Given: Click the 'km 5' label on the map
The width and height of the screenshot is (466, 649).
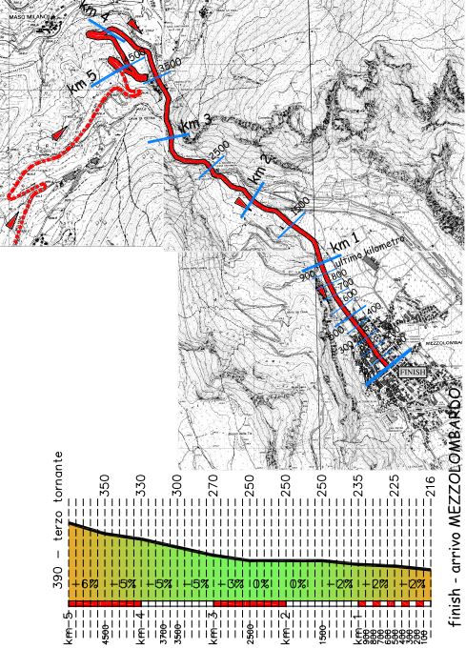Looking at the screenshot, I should tap(82, 83).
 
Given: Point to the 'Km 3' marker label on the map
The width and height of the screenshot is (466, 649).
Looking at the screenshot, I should tap(194, 124).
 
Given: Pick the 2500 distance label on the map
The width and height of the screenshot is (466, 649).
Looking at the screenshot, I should tap(218, 152).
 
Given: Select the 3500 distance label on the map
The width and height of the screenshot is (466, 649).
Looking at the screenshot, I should tap(169, 64).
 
